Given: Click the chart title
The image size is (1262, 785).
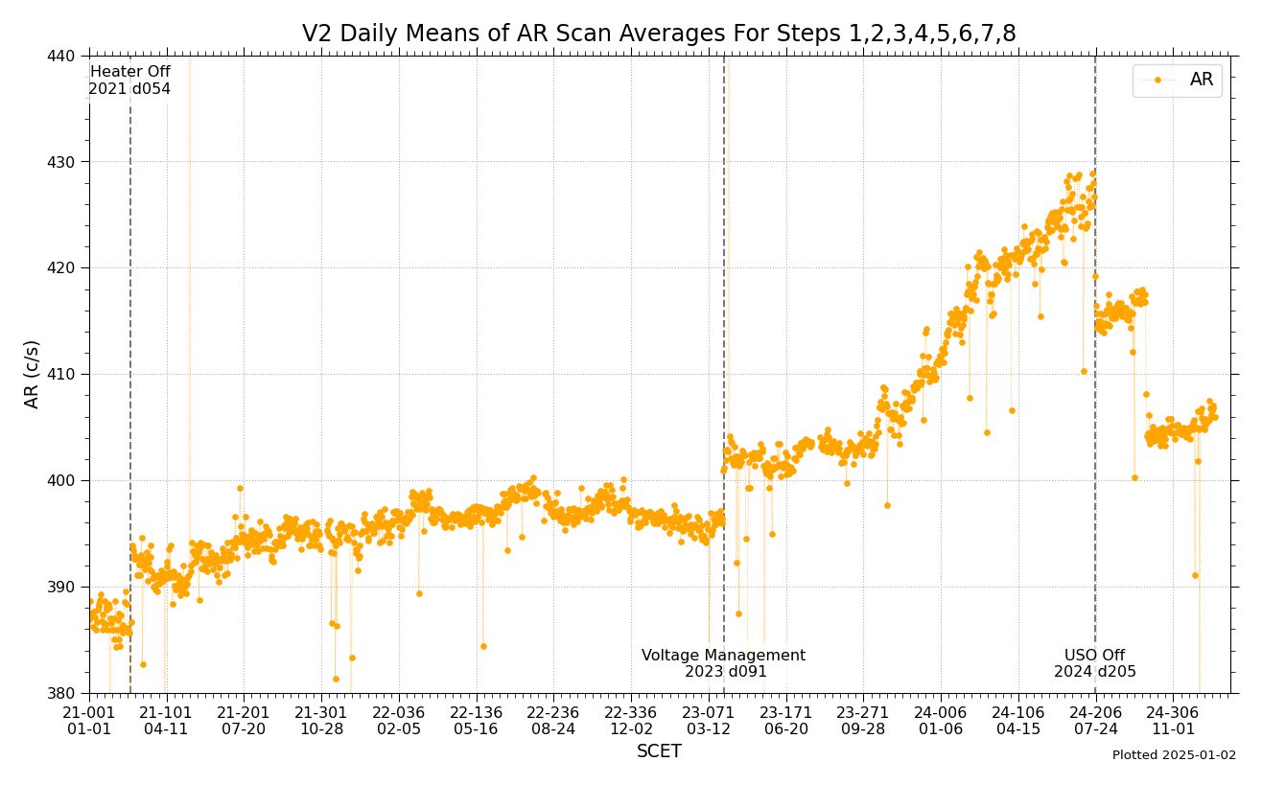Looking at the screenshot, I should click(x=659, y=35).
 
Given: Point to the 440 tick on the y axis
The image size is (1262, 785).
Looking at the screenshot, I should click(x=62, y=56).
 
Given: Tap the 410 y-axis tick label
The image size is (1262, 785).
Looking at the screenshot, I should click(x=62, y=374).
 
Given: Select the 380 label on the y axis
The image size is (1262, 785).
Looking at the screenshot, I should click(x=62, y=693).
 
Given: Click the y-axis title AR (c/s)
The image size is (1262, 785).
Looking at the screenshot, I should click(x=33, y=374).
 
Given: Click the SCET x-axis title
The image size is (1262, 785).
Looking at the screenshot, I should click(x=659, y=752).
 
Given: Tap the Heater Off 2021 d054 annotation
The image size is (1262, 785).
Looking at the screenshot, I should click(x=129, y=81).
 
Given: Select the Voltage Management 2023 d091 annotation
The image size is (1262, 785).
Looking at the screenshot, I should click(x=724, y=663).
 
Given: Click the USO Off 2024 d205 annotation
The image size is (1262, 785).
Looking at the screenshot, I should click(x=1094, y=663).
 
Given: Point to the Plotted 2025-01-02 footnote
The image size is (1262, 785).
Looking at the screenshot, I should click(x=1174, y=755).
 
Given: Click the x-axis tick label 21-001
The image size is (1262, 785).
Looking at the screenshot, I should click(x=89, y=712).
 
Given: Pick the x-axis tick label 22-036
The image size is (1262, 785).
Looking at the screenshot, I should click(x=398, y=712).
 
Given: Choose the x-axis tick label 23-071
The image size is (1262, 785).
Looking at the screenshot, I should click(x=708, y=712).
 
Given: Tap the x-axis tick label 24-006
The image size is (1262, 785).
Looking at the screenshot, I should click(x=941, y=712).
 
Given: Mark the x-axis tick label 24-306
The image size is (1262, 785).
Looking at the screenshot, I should click(x=1173, y=712).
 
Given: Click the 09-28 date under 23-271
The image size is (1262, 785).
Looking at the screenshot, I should click(x=863, y=728).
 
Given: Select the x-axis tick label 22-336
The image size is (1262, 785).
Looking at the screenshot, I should click(x=630, y=712).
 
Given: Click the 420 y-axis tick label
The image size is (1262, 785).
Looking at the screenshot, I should click(x=62, y=267).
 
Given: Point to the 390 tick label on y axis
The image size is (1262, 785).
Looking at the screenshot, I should click(x=62, y=587).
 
